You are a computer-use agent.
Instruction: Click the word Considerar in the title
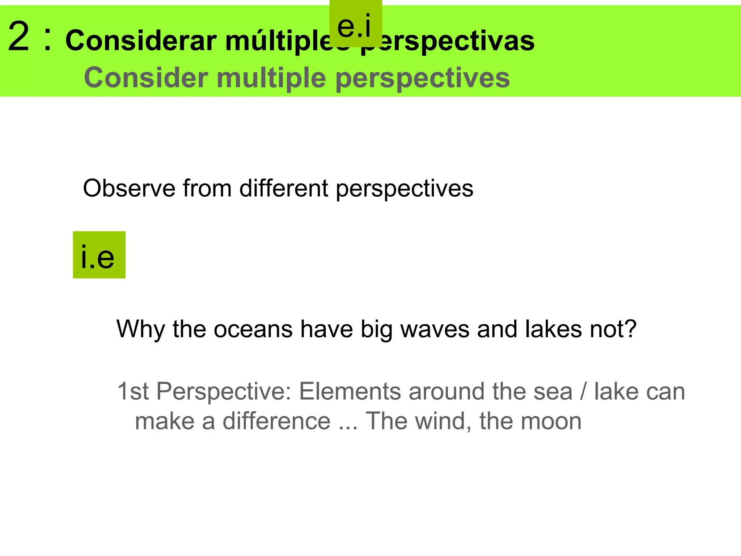click(x=141, y=41)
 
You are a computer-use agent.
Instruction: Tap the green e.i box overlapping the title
click(x=355, y=24)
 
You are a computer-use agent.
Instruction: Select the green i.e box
click(x=99, y=255)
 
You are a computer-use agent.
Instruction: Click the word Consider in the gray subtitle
click(x=146, y=78)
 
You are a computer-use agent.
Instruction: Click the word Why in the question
click(x=141, y=329)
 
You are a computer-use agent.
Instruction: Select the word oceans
click(x=253, y=329)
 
